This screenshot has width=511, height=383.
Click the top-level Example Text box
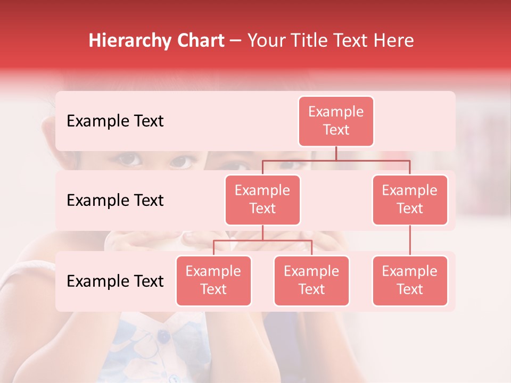336,121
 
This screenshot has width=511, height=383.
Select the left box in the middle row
262,199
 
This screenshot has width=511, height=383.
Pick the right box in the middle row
410,199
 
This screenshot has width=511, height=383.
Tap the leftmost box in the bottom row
213,280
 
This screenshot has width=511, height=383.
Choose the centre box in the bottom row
311,280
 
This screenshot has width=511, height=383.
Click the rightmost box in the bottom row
410,280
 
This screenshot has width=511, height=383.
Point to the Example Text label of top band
115,121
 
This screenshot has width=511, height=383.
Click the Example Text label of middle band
115,201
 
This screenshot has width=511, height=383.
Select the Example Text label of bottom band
115,281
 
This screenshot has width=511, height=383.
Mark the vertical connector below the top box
336,153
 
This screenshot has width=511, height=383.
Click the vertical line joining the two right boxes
410,240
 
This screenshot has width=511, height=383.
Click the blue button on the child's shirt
164,336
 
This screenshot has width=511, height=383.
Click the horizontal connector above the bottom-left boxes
262,240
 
